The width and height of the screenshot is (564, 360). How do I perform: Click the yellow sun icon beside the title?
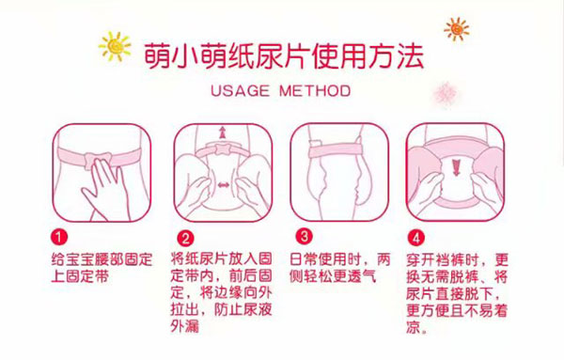115,46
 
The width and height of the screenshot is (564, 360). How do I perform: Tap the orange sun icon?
457,29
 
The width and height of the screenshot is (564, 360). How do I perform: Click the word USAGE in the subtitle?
240,90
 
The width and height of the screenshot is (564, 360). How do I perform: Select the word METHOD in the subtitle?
315,90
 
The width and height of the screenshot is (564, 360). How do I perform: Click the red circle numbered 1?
59,238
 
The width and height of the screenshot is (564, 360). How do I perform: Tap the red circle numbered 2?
185,238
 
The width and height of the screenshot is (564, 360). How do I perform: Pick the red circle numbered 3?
305,237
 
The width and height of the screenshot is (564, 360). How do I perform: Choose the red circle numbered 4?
416,238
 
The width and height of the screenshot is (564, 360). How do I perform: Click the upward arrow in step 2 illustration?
223,133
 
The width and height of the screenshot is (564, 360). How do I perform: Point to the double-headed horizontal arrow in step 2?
224,185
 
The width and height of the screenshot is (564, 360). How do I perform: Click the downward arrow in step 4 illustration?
456,168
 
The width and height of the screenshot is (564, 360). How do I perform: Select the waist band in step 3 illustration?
339,149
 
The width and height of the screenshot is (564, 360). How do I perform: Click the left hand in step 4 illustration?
427,187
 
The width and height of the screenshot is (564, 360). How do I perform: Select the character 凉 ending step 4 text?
414,326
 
